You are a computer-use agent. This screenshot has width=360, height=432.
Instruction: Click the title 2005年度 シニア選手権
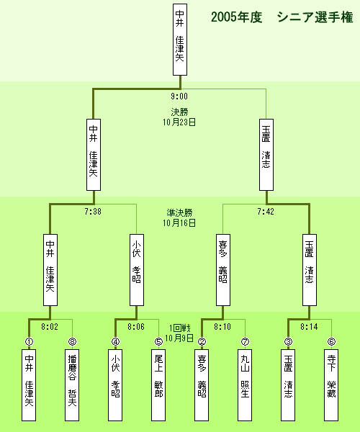pos(282,17)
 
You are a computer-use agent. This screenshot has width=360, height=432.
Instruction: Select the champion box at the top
pos(180,40)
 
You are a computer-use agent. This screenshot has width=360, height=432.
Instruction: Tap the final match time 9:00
pos(179,96)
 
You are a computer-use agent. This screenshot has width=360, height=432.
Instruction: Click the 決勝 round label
pos(179,112)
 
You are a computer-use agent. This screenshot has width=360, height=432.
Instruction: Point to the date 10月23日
pos(179,122)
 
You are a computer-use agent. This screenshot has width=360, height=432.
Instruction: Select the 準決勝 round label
pos(179,212)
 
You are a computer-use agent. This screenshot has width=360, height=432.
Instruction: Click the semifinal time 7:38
pos(93,211)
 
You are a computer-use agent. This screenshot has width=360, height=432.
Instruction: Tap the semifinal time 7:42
pos(266,211)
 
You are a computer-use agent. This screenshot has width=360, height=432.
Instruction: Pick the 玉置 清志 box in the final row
pos(266,155)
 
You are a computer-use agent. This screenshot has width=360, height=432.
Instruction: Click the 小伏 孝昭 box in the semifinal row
pos(137,270)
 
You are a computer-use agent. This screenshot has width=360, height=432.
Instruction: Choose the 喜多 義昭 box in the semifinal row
pos(223,270)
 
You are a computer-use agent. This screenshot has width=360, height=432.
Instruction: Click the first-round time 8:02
pos(50,327)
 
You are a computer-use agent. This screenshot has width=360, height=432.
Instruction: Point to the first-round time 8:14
pos(309,327)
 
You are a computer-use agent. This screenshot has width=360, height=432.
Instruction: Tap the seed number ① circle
pos(29,341)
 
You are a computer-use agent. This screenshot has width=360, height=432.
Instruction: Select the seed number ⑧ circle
pos(72,341)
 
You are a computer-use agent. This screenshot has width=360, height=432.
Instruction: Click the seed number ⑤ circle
pos(158,341)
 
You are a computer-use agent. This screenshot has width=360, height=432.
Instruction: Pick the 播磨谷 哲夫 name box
pos(72,385)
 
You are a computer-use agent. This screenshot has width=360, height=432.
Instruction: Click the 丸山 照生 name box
pos(245,385)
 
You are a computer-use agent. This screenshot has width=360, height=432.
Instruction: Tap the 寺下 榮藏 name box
pos(331,385)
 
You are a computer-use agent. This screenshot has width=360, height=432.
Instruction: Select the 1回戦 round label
pos(179,328)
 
